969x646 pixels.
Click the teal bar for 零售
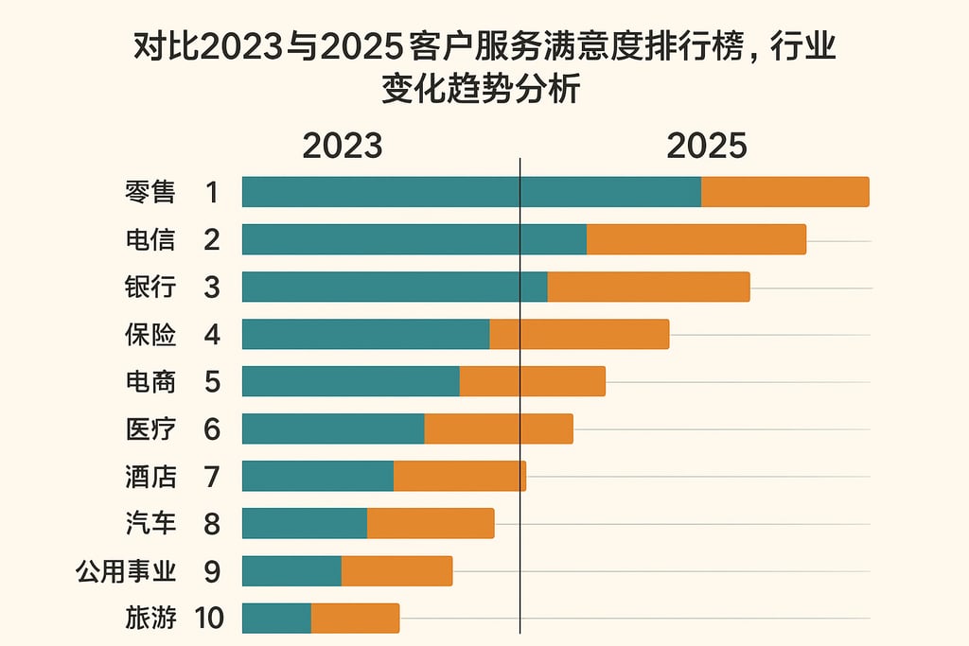tap(471, 192)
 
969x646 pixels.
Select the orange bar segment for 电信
tap(696, 239)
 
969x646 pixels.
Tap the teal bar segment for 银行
tap(395, 287)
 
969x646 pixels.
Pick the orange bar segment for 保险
tap(579, 334)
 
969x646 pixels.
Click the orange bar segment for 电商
tap(532, 381)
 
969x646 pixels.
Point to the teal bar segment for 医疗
tap(333, 428)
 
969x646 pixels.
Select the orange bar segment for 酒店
tap(459, 476)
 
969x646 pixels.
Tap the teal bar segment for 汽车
tap(305, 523)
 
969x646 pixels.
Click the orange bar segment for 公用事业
tap(396, 570)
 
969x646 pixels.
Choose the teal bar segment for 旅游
tap(276, 618)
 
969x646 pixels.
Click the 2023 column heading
tap(343, 147)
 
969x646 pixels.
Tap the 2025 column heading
tap(707, 147)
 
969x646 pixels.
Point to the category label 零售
tap(150, 192)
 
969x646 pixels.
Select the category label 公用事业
tap(126, 571)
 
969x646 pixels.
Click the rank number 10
tap(210, 619)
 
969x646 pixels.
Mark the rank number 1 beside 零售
tap(212, 192)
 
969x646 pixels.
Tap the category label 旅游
tap(150, 619)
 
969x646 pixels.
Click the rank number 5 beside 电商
tap(212, 381)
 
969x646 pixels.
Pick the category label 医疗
tap(150, 428)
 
